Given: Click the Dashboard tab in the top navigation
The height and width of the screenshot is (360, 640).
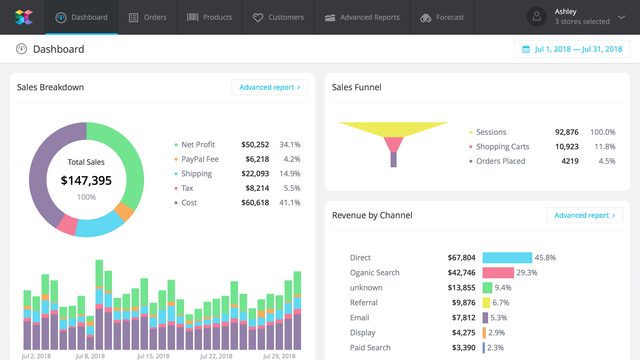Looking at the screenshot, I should click(82, 17).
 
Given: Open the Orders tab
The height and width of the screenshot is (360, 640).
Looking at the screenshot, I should click(148, 17).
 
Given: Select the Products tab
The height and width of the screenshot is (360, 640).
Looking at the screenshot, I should click(209, 17).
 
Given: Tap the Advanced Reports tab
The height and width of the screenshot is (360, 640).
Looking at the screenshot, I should click(362, 17).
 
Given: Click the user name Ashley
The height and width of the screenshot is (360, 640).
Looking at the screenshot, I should click(565, 12).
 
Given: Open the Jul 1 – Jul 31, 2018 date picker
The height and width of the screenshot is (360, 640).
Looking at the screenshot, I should click(572, 49).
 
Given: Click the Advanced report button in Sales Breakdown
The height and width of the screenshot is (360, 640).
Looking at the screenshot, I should click(270, 87).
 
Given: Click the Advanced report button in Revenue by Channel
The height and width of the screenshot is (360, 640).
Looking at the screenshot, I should click(585, 215).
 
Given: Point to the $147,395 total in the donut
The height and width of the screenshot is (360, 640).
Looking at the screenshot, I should click(86, 181).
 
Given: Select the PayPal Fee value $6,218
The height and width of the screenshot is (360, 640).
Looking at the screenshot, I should click(256, 158).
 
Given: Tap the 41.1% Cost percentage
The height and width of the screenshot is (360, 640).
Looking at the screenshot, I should click(291, 202).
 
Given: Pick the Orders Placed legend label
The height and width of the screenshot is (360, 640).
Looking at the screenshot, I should click(501, 160).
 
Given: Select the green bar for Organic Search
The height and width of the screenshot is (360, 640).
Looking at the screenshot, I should click(498, 272).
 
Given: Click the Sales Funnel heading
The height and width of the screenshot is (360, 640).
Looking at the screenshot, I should click(357, 87).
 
